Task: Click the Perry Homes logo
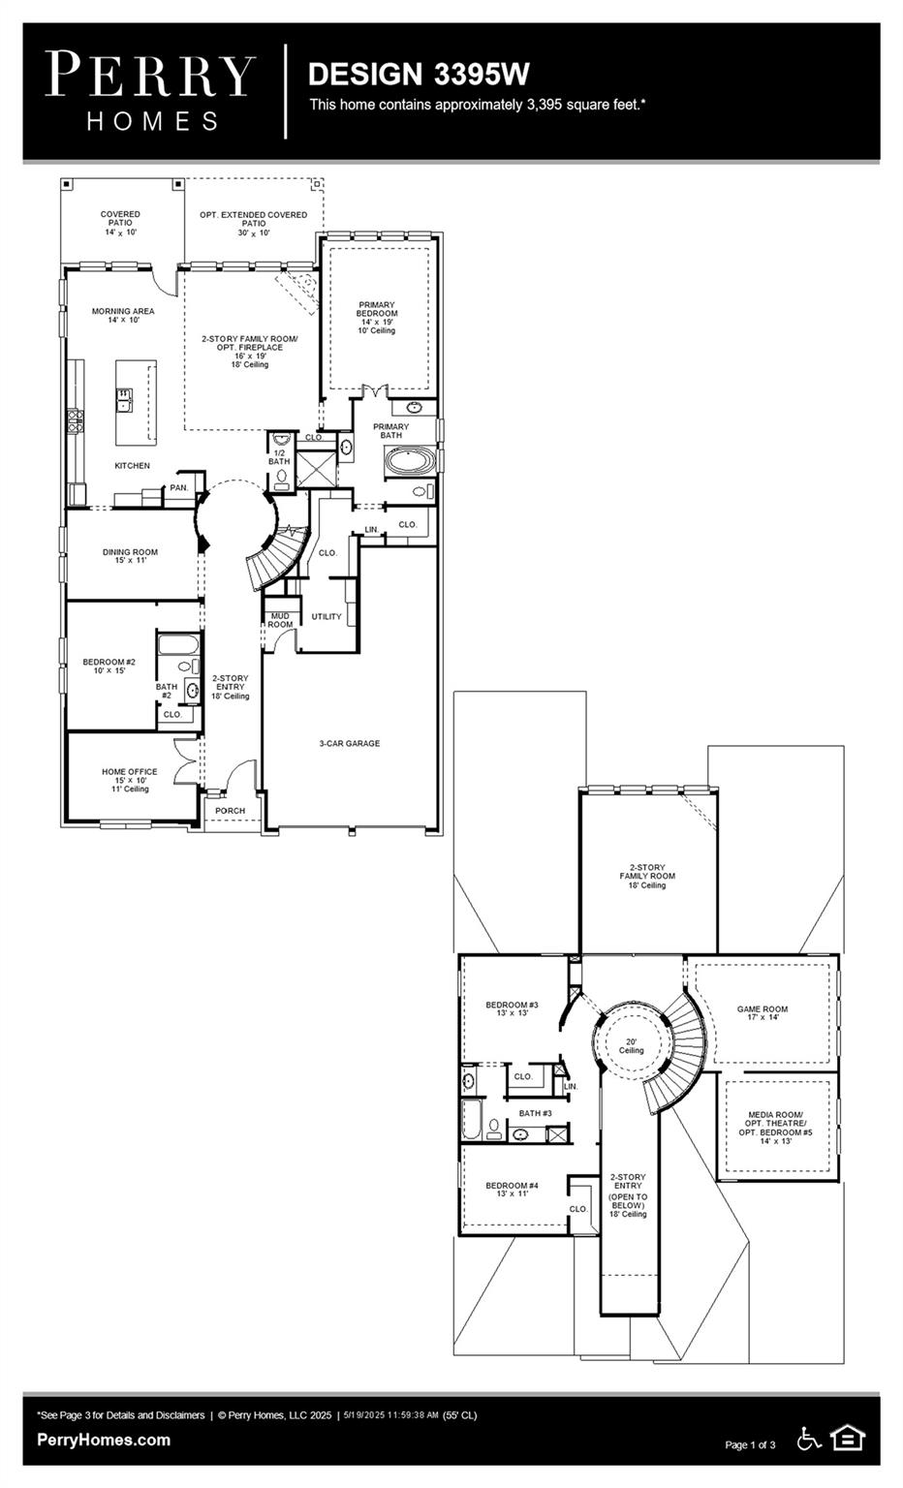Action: point(150,90)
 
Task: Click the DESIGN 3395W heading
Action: point(419,75)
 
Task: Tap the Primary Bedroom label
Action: point(377,317)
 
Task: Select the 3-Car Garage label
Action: point(350,744)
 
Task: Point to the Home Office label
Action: point(129,780)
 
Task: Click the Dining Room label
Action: point(130,556)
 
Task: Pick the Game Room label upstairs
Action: point(763,1013)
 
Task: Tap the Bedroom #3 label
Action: point(512,1008)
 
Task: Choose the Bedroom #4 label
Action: point(512,1190)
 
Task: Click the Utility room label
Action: point(327,617)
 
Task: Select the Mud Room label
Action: point(280,620)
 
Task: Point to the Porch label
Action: point(230,811)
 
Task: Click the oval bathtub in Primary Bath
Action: point(409,461)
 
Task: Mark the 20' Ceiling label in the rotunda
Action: point(631,1046)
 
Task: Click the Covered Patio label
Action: point(121,223)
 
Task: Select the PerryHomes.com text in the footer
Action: point(104,1440)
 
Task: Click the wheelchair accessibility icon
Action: point(808,1439)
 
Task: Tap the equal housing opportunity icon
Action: point(848,1439)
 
